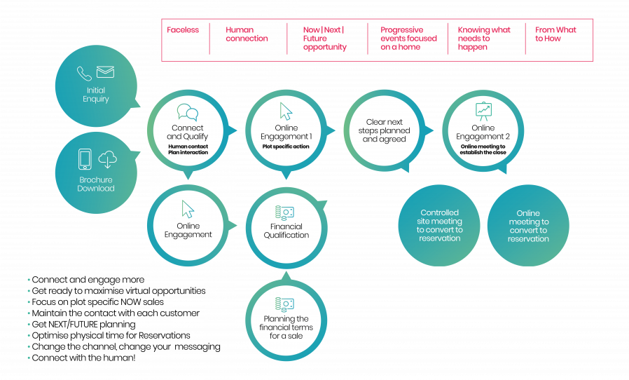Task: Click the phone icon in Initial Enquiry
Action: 85,74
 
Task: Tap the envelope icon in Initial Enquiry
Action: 105,73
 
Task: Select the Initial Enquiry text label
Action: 96,95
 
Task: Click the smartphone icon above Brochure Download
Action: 85,161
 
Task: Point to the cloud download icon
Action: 106,161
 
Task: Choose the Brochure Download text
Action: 96,184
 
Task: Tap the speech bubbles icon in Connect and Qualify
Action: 186,112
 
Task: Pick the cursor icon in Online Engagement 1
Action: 286,111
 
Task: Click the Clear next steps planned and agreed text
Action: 384,130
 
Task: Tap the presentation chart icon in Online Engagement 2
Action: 483,111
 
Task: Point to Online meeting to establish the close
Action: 483,149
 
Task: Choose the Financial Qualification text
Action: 286,231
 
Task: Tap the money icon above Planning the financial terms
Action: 286,304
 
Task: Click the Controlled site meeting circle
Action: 440,225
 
